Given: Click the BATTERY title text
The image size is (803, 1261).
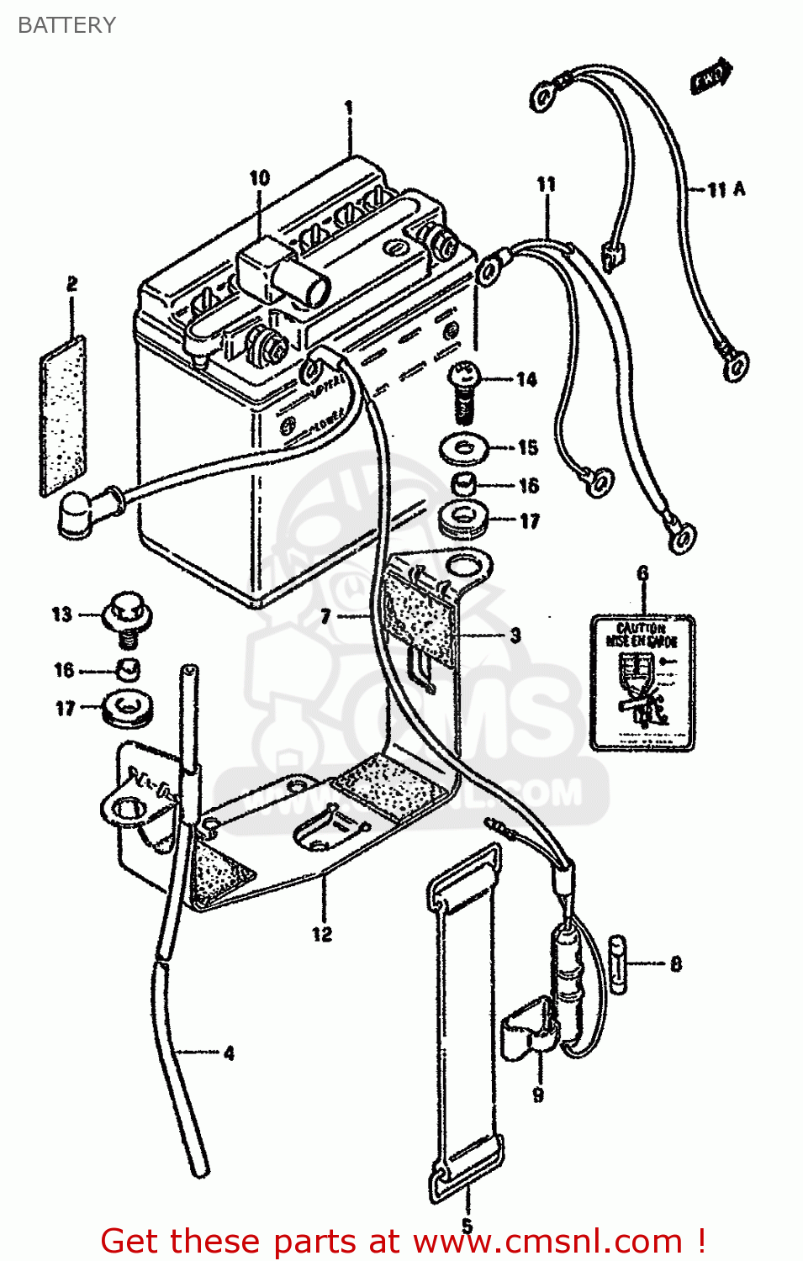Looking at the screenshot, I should coord(66,25).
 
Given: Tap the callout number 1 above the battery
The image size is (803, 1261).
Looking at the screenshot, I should coord(348,108).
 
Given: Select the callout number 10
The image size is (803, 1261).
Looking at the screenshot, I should coord(259,177).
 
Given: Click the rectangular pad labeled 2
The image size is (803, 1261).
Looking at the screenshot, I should coord(63,416).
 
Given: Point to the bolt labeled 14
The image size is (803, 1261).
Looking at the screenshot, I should coord(464,388).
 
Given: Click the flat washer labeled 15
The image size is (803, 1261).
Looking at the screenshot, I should coord(465,447).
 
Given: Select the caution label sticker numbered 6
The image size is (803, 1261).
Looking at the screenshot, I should coord(642,682).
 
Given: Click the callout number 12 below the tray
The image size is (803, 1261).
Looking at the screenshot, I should coord(322,934).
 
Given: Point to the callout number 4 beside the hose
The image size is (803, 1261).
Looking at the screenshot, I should coord(229,1053).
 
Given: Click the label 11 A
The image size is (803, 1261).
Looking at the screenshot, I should coord(726,189).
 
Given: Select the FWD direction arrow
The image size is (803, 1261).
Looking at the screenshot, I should coord(711,77).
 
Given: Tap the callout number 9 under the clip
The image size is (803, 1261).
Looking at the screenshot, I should coord(538,1095).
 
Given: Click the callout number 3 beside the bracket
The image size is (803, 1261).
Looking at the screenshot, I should coord(515,636).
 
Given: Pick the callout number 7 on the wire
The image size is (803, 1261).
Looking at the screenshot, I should coord(326,617).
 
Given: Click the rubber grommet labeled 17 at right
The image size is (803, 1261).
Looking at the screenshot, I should coord(464,519).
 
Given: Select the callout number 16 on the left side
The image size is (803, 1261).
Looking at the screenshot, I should coord(64,670).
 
